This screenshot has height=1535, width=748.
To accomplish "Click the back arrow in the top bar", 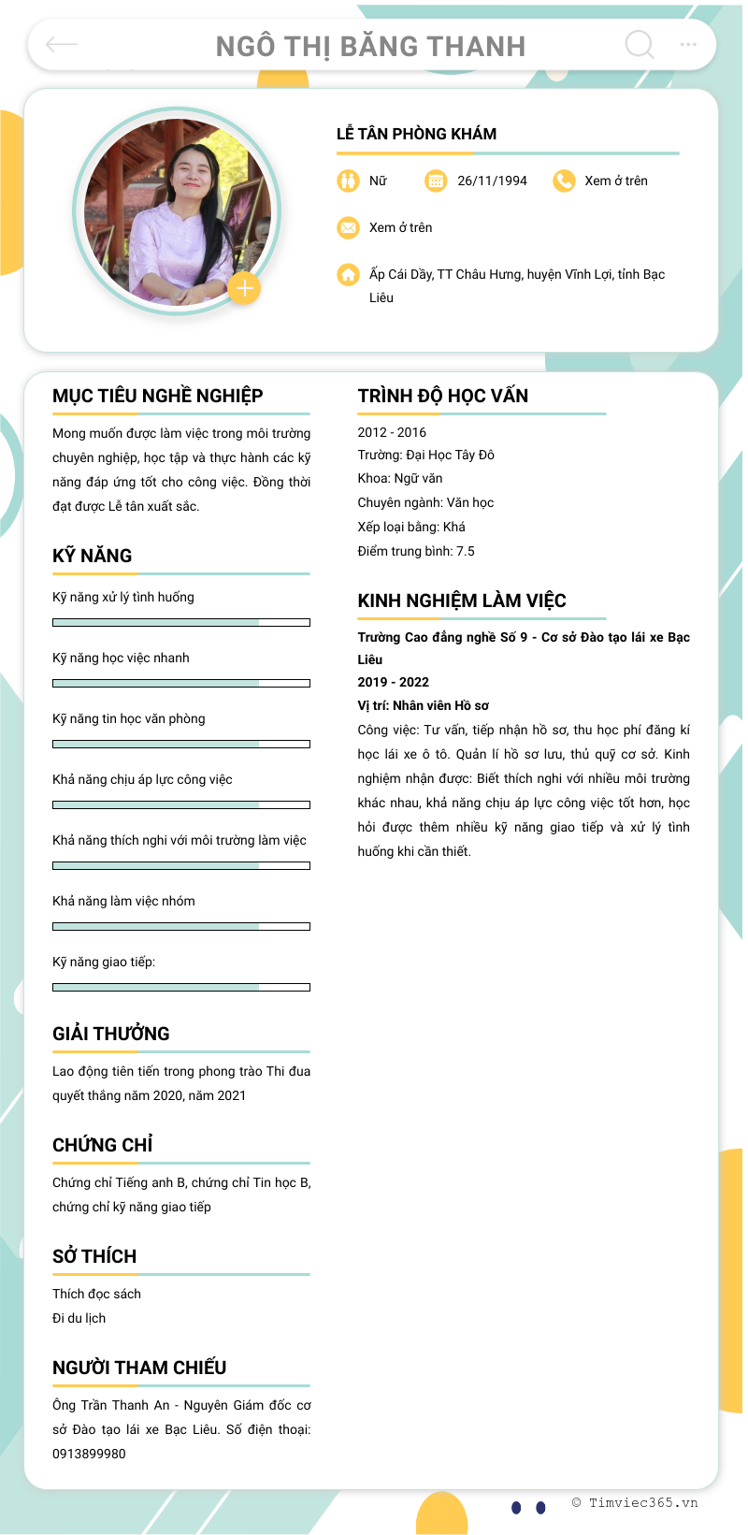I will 62,44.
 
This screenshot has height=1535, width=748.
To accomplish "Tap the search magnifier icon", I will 640,44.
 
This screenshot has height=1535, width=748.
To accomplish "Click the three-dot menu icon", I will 688,44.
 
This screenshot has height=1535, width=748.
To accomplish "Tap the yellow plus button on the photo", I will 244,288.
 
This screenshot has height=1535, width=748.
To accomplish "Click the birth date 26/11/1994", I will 492,181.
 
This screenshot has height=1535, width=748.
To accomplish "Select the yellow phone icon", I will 564,181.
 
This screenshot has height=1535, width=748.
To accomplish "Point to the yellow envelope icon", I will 348,227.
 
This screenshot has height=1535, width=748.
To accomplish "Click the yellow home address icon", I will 348,274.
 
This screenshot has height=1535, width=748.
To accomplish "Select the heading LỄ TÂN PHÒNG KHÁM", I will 416,134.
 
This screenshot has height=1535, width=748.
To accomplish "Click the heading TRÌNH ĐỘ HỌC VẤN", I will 442,396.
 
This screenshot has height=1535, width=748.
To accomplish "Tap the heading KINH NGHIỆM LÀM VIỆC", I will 462,601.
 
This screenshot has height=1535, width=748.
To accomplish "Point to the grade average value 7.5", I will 466,551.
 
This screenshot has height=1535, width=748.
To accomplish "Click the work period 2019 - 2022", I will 393,682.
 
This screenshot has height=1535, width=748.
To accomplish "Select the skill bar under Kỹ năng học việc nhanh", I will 181,683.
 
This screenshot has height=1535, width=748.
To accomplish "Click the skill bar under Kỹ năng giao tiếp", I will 181,987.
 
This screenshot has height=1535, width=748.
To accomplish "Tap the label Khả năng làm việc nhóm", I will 123,901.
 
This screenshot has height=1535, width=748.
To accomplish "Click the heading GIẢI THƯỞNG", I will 111,1034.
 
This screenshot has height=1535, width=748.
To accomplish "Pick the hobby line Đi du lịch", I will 79,1318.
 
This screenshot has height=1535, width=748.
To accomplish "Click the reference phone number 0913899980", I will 89,1454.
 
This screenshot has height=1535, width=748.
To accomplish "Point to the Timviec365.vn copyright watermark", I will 635,1502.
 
